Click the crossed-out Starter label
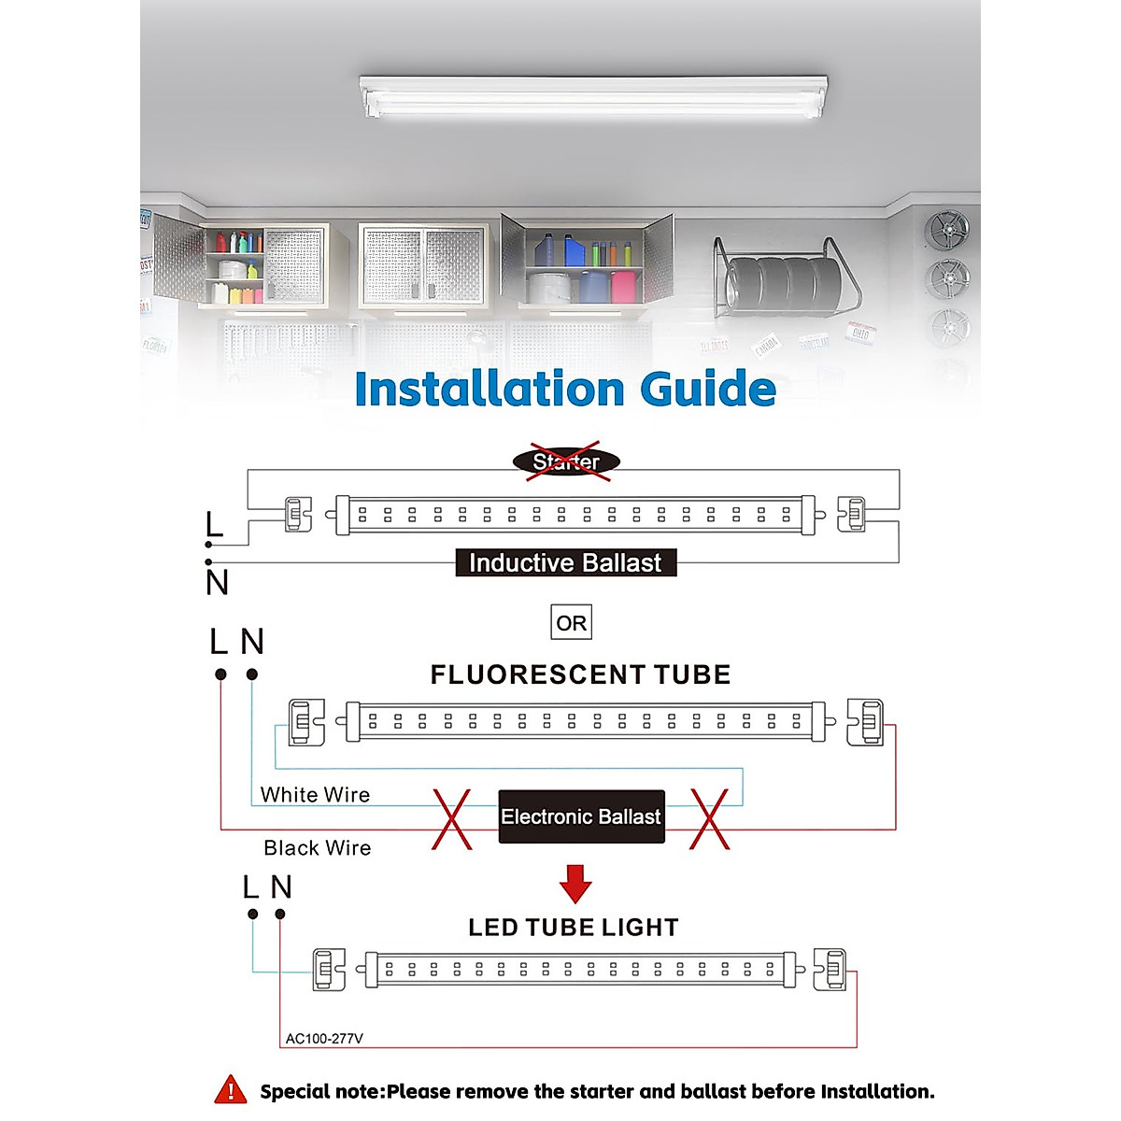tap(566, 461)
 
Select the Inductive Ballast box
tap(565, 562)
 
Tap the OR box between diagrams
tap(571, 623)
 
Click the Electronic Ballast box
tap(581, 816)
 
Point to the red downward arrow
tap(575, 883)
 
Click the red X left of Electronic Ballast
tap(452, 818)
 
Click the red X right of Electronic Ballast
tap(709, 818)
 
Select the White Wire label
tap(315, 795)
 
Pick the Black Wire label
tap(318, 848)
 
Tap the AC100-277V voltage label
tap(324, 1039)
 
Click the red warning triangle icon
tap(231, 1090)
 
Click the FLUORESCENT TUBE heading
tap(580, 674)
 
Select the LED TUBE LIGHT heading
tap(574, 928)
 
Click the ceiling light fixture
tap(594, 97)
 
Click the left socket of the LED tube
tap(328, 970)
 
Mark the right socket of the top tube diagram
tap(851, 515)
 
